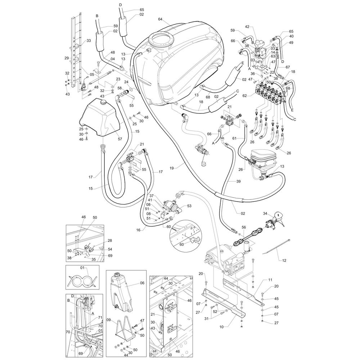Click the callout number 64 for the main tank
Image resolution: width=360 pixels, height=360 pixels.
tap(160, 19)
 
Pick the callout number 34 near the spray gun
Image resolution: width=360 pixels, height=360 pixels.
tap(265, 214)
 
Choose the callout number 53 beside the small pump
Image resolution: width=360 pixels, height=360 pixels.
tap(189, 206)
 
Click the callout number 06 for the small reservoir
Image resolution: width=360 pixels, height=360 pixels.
tap(142, 283)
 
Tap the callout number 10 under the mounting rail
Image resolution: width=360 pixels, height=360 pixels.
tap(221, 327)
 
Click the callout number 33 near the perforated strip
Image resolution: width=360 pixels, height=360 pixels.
tap(89, 41)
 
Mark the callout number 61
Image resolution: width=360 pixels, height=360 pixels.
tap(234, 138)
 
